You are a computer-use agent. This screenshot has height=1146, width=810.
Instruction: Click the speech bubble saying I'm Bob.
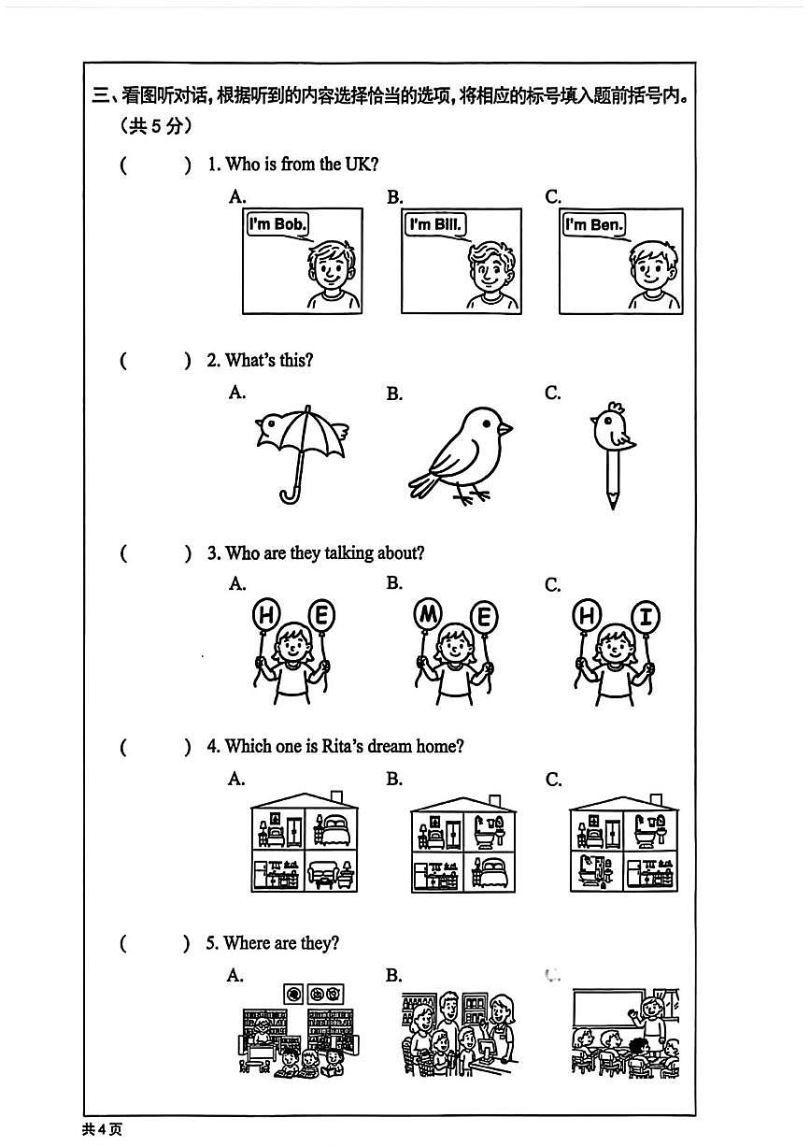pos(277,224)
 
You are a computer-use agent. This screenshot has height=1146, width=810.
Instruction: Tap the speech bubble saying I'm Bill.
pos(435,224)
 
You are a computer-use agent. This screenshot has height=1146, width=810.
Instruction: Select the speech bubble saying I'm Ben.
pos(594,224)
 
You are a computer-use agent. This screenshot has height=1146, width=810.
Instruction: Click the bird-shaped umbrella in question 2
pos(301,439)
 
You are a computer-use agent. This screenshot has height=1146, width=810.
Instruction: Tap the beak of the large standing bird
pos(504,428)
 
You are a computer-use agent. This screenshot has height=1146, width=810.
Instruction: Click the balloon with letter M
pos(429,615)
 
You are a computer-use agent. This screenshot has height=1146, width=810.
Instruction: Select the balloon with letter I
pos(646,616)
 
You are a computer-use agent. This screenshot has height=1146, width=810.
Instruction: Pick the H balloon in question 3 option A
pos(267,615)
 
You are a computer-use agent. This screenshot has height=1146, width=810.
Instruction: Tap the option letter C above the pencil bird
pos(553,394)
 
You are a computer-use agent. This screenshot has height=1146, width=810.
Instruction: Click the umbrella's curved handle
pos(289,493)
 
